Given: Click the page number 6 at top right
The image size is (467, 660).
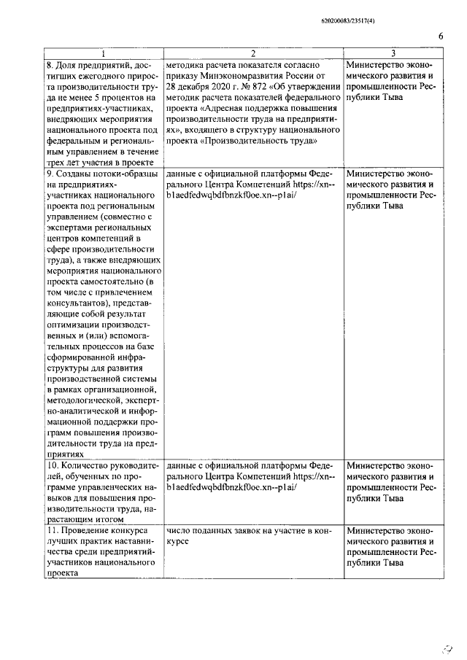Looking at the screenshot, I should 440,36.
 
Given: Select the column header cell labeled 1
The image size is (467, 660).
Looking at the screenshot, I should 102,53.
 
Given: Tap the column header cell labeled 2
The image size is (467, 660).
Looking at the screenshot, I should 252,53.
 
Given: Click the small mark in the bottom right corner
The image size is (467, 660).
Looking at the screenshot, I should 447,646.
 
